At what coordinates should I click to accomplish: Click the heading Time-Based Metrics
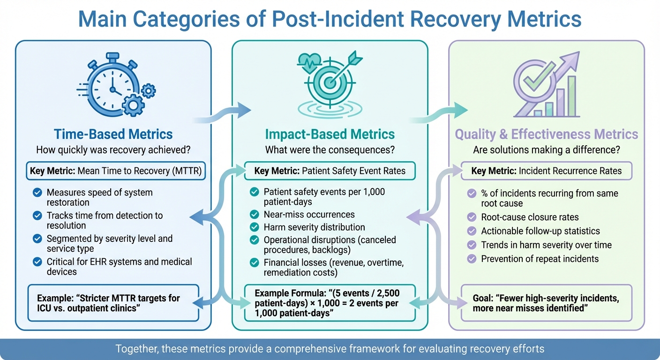coord(113,135)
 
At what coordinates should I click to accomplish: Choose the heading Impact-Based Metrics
coord(330,135)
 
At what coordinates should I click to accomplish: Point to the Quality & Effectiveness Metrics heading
coord(547,135)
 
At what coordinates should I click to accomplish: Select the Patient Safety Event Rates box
coord(330,171)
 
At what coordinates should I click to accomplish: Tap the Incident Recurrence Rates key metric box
coord(547,171)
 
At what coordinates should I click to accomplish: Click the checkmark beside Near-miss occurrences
coord(255,215)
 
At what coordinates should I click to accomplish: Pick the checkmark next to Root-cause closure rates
coord(472,217)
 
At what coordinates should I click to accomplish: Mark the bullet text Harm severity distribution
coord(314,227)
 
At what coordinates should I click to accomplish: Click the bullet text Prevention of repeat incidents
coord(540,259)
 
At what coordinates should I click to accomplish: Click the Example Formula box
coord(330,303)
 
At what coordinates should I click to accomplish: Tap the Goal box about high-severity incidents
coord(547,303)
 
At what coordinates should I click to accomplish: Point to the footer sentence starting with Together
coord(330,349)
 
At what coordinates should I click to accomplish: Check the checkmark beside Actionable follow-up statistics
coord(472,231)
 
